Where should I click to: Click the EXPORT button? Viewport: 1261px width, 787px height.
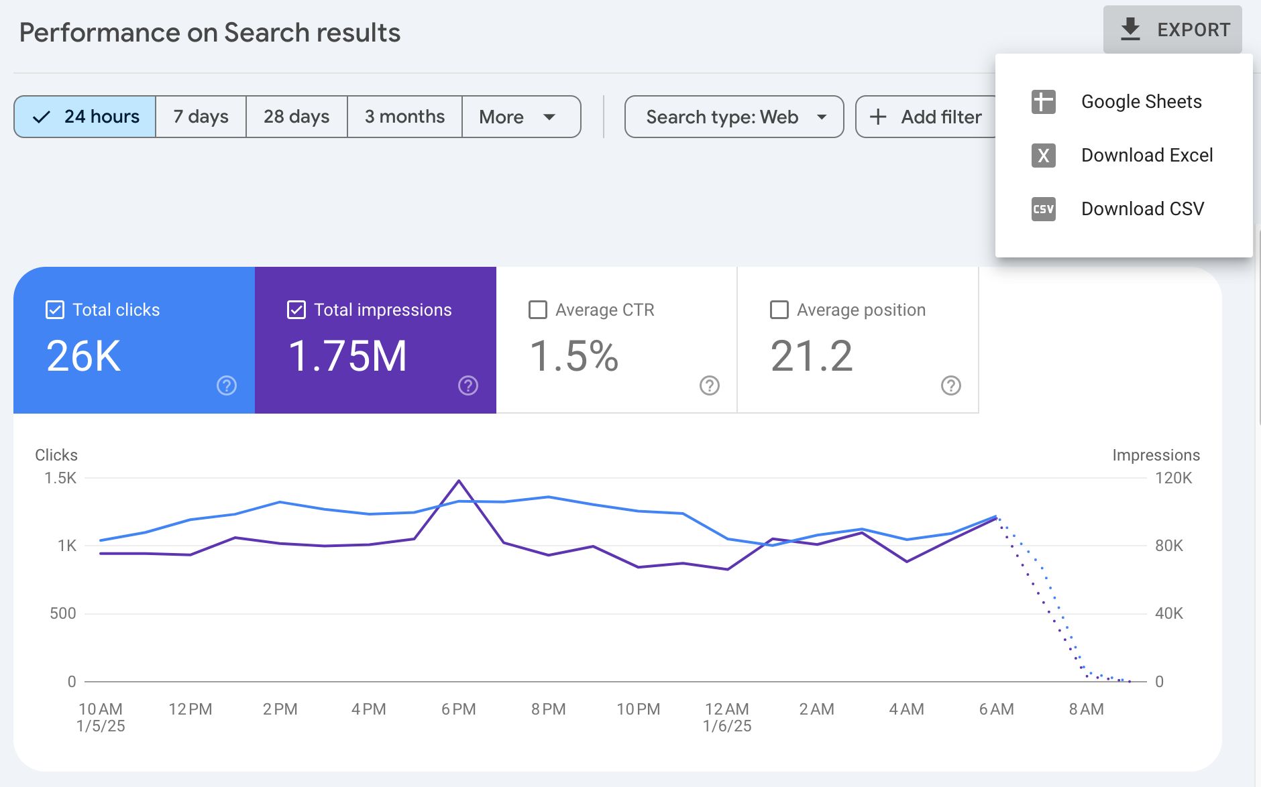click(x=1172, y=29)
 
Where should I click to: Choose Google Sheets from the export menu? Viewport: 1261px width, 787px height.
click(x=1140, y=102)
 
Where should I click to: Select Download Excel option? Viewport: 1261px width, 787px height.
click(x=1146, y=156)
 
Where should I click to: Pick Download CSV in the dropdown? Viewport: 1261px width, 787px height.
click(x=1142, y=209)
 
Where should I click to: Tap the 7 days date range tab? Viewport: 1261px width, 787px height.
click(x=201, y=117)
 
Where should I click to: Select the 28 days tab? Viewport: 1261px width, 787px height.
click(x=296, y=117)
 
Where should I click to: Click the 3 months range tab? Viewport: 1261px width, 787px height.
click(x=404, y=117)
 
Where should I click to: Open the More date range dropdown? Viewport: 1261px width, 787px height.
click(x=517, y=117)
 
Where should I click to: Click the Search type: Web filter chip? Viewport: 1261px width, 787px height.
click(x=734, y=117)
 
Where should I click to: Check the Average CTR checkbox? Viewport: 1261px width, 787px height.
click(x=538, y=310)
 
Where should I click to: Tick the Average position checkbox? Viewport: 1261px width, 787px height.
click(x=779, y=310)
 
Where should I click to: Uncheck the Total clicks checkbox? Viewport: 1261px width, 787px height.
click(x=55, y=310)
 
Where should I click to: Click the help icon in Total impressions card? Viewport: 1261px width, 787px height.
click(x=468, y=385)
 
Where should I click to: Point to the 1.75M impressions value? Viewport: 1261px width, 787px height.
click(x=347, y=355)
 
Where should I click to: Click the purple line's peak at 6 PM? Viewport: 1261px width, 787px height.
click(x=459, y=481)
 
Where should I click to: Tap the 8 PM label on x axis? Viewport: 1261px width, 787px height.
click(x=548, y=709)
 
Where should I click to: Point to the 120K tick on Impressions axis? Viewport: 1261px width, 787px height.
click(x=1173, y=478)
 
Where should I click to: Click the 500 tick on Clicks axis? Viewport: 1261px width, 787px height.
click(x=62, y=613)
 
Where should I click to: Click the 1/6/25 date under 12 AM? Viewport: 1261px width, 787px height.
click(x=727, y=726)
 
